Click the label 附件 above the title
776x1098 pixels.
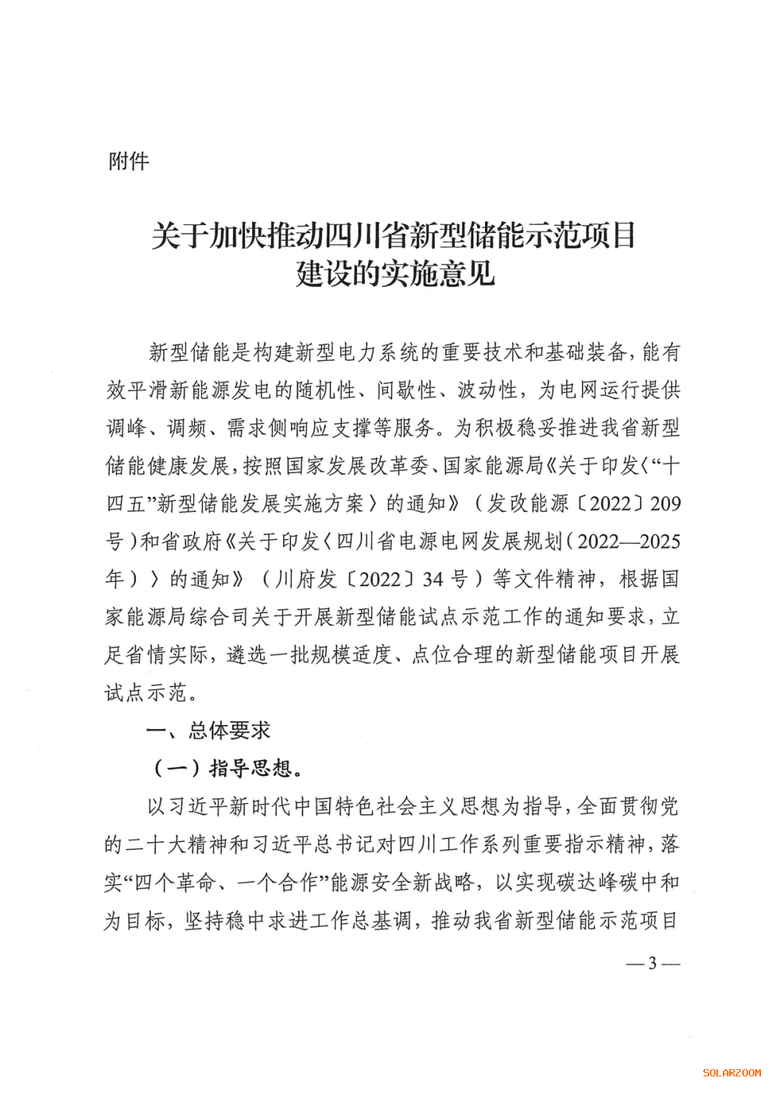(129, 161)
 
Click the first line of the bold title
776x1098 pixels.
(394, 235)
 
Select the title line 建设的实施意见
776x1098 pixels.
(395, 273)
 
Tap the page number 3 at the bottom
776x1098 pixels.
(652, 963)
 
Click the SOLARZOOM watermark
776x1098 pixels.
(731, 1073)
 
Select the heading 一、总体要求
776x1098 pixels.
(208, 731)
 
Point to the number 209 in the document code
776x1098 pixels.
(665, 503)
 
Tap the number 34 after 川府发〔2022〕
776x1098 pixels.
(433, 579)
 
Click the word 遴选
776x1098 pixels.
(246, 654)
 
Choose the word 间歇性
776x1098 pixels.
(407, 390)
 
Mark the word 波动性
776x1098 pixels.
(488, 390)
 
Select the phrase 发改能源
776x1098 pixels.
(528, 503)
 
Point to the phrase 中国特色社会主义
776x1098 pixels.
(374, 806)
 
